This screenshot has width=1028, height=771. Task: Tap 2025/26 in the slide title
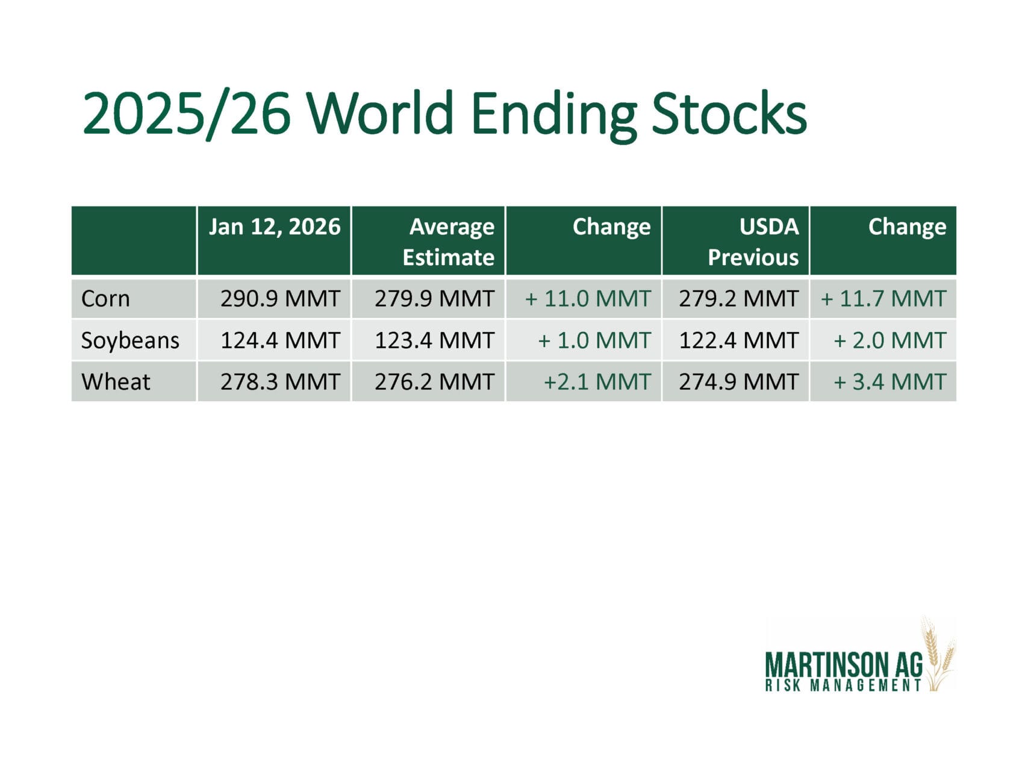point(187,114)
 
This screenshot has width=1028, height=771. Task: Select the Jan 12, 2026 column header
point(275,226)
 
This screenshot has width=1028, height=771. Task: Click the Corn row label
point(105,299)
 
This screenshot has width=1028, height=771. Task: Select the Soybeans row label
point(130,341)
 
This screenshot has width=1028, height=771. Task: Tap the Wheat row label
point(116,382)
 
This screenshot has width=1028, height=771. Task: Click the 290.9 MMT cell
point(280,299)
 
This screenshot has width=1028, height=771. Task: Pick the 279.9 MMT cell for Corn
point(434,299)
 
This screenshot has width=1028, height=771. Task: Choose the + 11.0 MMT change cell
point(588,299)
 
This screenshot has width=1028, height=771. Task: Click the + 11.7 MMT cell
point(883,299)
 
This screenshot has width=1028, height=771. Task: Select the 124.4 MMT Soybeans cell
point(280,340)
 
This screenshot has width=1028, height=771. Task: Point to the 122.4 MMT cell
point(739,340)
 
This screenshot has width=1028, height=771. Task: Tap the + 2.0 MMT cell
point(890,340)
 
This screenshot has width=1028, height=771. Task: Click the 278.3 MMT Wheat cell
point(280,382)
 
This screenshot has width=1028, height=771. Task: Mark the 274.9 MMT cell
point(739,382)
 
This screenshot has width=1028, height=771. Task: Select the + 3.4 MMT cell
point(890,382)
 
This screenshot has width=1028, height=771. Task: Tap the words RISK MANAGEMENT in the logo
point(844,685)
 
